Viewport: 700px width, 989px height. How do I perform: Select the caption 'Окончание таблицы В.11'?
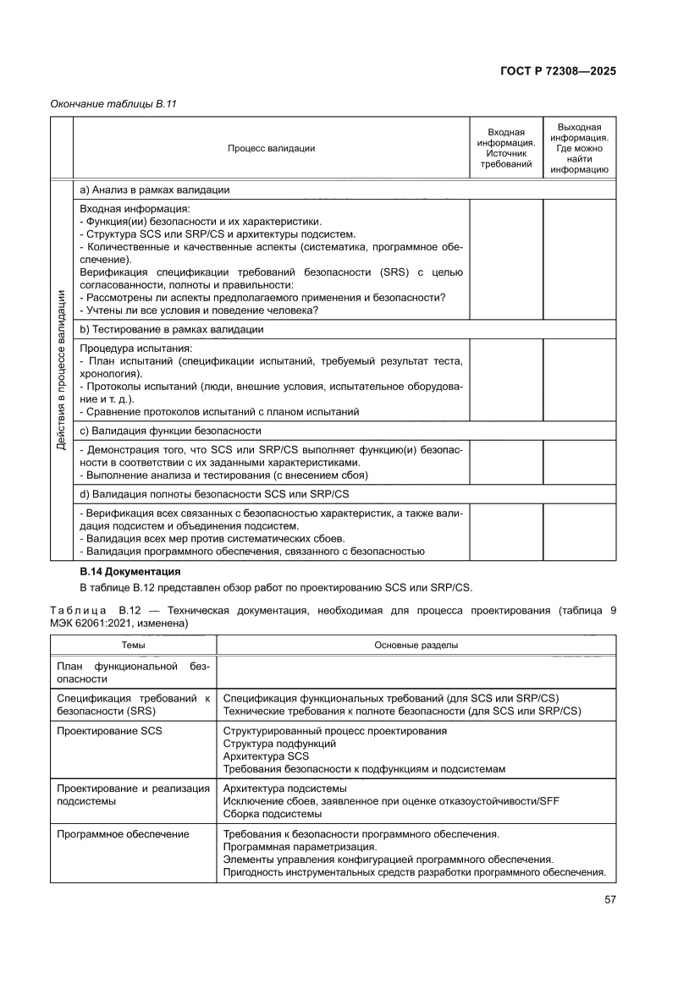pyautogui.click(x=107, y=104)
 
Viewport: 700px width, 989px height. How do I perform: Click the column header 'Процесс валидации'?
pyautogui.click(x=271, y=148)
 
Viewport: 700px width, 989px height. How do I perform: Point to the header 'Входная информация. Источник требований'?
pyautogui.click(x=506, y=148)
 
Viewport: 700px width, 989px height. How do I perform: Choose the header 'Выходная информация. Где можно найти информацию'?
pyautogui.click(x=579, y=148)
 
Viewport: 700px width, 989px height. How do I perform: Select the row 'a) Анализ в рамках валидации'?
pyautogui.click(x=154, y=190)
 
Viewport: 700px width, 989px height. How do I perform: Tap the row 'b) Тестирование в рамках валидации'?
pyautogui.click(x=171, y=329)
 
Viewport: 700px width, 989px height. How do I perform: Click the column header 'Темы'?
pyautogui.click(x=133, y=646)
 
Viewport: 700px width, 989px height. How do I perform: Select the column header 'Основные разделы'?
pyautogui.click(x=416, y=646)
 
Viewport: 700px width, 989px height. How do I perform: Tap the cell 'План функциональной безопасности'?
pyautogui.click(x=133, y=673)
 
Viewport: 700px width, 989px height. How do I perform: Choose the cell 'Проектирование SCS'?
pyautogui.click(x=108, y=730)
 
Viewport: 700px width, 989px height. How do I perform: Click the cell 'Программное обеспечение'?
pyautogui.click(x=123, y=834)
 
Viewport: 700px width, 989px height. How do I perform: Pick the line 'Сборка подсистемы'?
pyautogui.click(x=272, y=814)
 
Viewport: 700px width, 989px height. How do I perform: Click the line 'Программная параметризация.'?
pyautogui.click(x=300, y=847)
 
